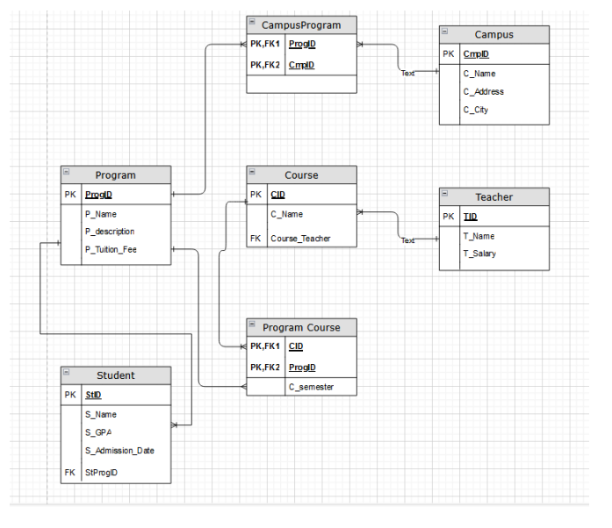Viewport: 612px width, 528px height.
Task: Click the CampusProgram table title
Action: [301, 25]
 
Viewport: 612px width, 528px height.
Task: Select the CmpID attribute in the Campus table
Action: [476, 54]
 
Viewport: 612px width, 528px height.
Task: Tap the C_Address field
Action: [483, 92]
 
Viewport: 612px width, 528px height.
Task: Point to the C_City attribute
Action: [476, 111]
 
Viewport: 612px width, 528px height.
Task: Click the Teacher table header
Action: [493, 197]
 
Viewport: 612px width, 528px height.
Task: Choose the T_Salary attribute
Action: [479, 253]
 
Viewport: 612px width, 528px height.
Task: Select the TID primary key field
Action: [470, 217]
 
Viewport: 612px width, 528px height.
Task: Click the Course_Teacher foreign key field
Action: [300, 238]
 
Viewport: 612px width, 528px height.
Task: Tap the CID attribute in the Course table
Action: [277, 195]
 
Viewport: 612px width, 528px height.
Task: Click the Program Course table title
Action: [301, 328]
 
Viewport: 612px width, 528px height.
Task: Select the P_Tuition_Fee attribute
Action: [111, 250]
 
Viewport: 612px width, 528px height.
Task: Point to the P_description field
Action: [110, 232]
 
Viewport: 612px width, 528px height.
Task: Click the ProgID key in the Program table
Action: [98, 195]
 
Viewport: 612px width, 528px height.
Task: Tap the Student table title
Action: [115, 375]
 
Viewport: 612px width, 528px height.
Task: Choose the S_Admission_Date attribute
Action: [119, 451]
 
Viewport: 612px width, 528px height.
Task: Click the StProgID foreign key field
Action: [102, 473]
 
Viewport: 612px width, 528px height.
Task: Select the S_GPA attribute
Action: [98, 432]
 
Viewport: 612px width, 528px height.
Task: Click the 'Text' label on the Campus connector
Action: [407, 74]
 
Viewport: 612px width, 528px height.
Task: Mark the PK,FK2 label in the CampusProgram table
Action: [264, 65]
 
